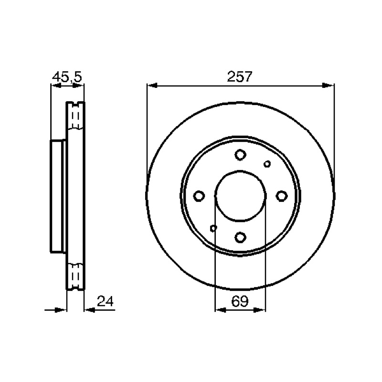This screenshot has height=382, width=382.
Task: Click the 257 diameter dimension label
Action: click(239, 76)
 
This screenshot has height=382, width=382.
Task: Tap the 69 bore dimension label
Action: click(240, 301)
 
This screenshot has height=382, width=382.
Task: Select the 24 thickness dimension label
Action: click(105, 301)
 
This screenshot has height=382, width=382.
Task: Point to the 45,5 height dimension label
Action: click(67, 77)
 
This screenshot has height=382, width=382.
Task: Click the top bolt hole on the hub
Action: click(240, 155)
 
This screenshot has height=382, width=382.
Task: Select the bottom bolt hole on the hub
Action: click(240, 237)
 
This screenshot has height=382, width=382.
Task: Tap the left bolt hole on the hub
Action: click(199, 196)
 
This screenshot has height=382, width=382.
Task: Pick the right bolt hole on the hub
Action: click(282, 196)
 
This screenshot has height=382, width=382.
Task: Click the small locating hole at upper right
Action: click(267, 164)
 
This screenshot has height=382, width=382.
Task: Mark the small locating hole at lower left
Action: click(213, 228)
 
